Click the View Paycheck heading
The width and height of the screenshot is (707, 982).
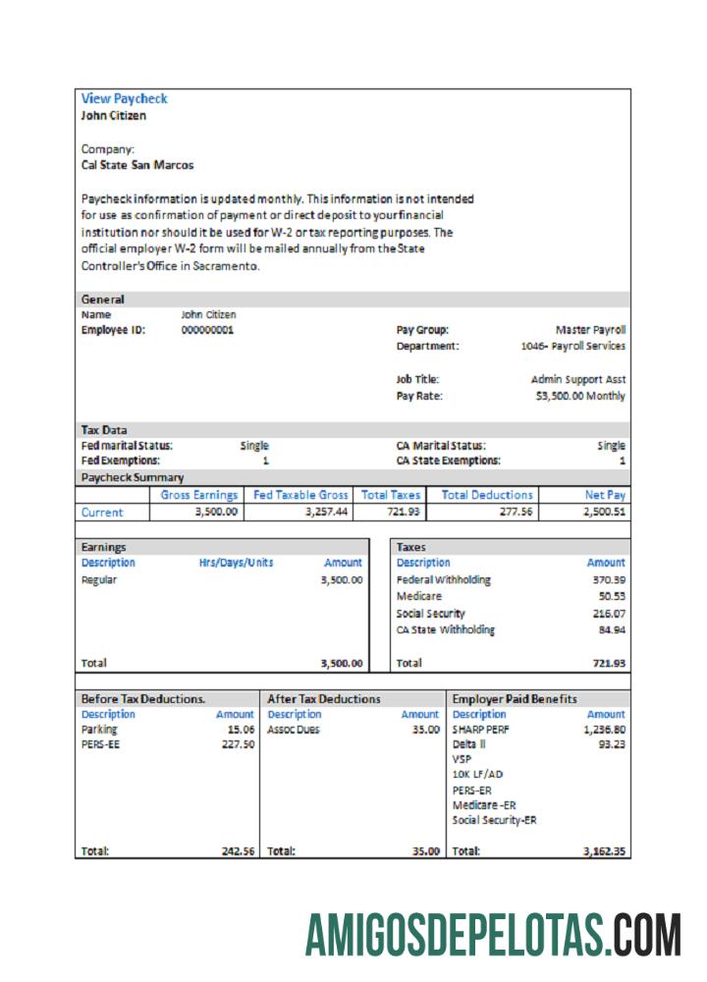coord(124,98)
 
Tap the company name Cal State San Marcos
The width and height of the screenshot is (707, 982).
coord(136,166)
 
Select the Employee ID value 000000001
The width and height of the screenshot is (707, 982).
coord(207,331)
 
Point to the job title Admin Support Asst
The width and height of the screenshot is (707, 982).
coord(577,379)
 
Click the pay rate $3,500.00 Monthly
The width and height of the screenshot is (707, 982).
coord(580,396)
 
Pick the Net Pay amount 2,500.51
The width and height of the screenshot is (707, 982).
coord(604,512)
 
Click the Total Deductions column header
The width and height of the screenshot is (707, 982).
coord(487,495)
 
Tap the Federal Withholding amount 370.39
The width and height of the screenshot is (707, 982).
coord(606,579)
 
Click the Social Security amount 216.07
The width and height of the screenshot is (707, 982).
coord(606,613)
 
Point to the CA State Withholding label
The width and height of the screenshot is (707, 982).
coord(445,629)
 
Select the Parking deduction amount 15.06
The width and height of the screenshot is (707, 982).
coord(241,730)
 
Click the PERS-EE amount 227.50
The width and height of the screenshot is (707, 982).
coord(238,745)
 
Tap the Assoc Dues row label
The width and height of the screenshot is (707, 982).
coord(294,730)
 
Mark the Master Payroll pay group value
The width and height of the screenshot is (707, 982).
coord(590,330)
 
